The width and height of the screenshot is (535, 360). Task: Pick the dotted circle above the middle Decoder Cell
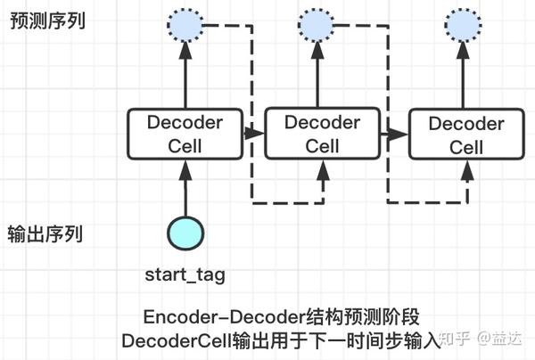tap(319, 29)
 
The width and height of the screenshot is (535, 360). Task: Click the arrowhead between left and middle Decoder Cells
tap(254, 134)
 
